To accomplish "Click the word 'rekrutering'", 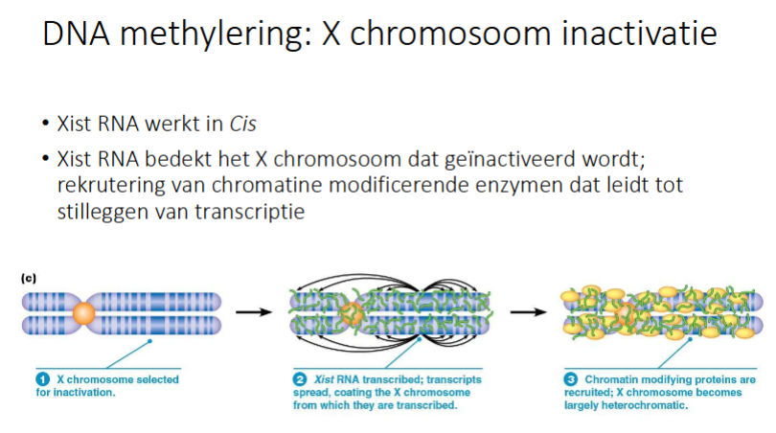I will tap(105, 183).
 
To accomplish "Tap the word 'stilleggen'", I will tap(100, 211).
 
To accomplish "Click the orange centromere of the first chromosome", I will tap(84, 311).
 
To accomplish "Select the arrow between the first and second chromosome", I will tap(251, 312).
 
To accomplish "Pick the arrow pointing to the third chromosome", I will tap(525, 312).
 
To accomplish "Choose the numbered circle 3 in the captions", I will tap(570, 380).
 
